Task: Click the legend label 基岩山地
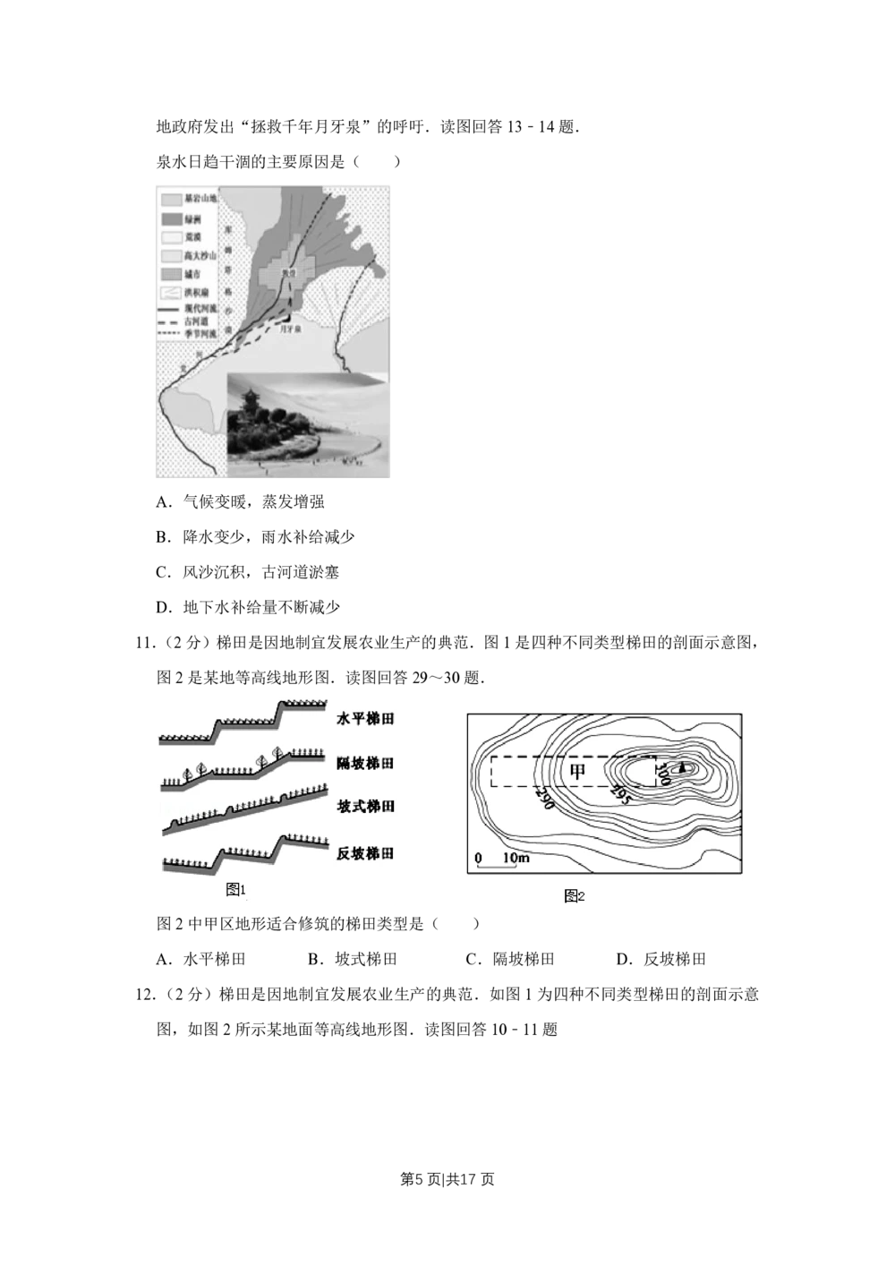(x=197, y=198)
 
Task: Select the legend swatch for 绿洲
(x=170, y=218)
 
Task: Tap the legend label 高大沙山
(x=197, y=255)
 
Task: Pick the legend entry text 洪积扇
(x=193, y=292)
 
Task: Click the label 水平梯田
(x=365, y=719)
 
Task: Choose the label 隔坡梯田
(x=365, y=764)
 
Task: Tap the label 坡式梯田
(x=365, y=807)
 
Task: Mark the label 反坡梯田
(x=365, y=853)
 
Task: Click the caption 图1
(x=235, y=889)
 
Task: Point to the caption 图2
(x=574, y=896)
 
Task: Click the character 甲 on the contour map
(x=579, y=770)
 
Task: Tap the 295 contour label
(x=618, y=793)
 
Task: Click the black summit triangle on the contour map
(x=684, y=767)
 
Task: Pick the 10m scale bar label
(x=516, y=859)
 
